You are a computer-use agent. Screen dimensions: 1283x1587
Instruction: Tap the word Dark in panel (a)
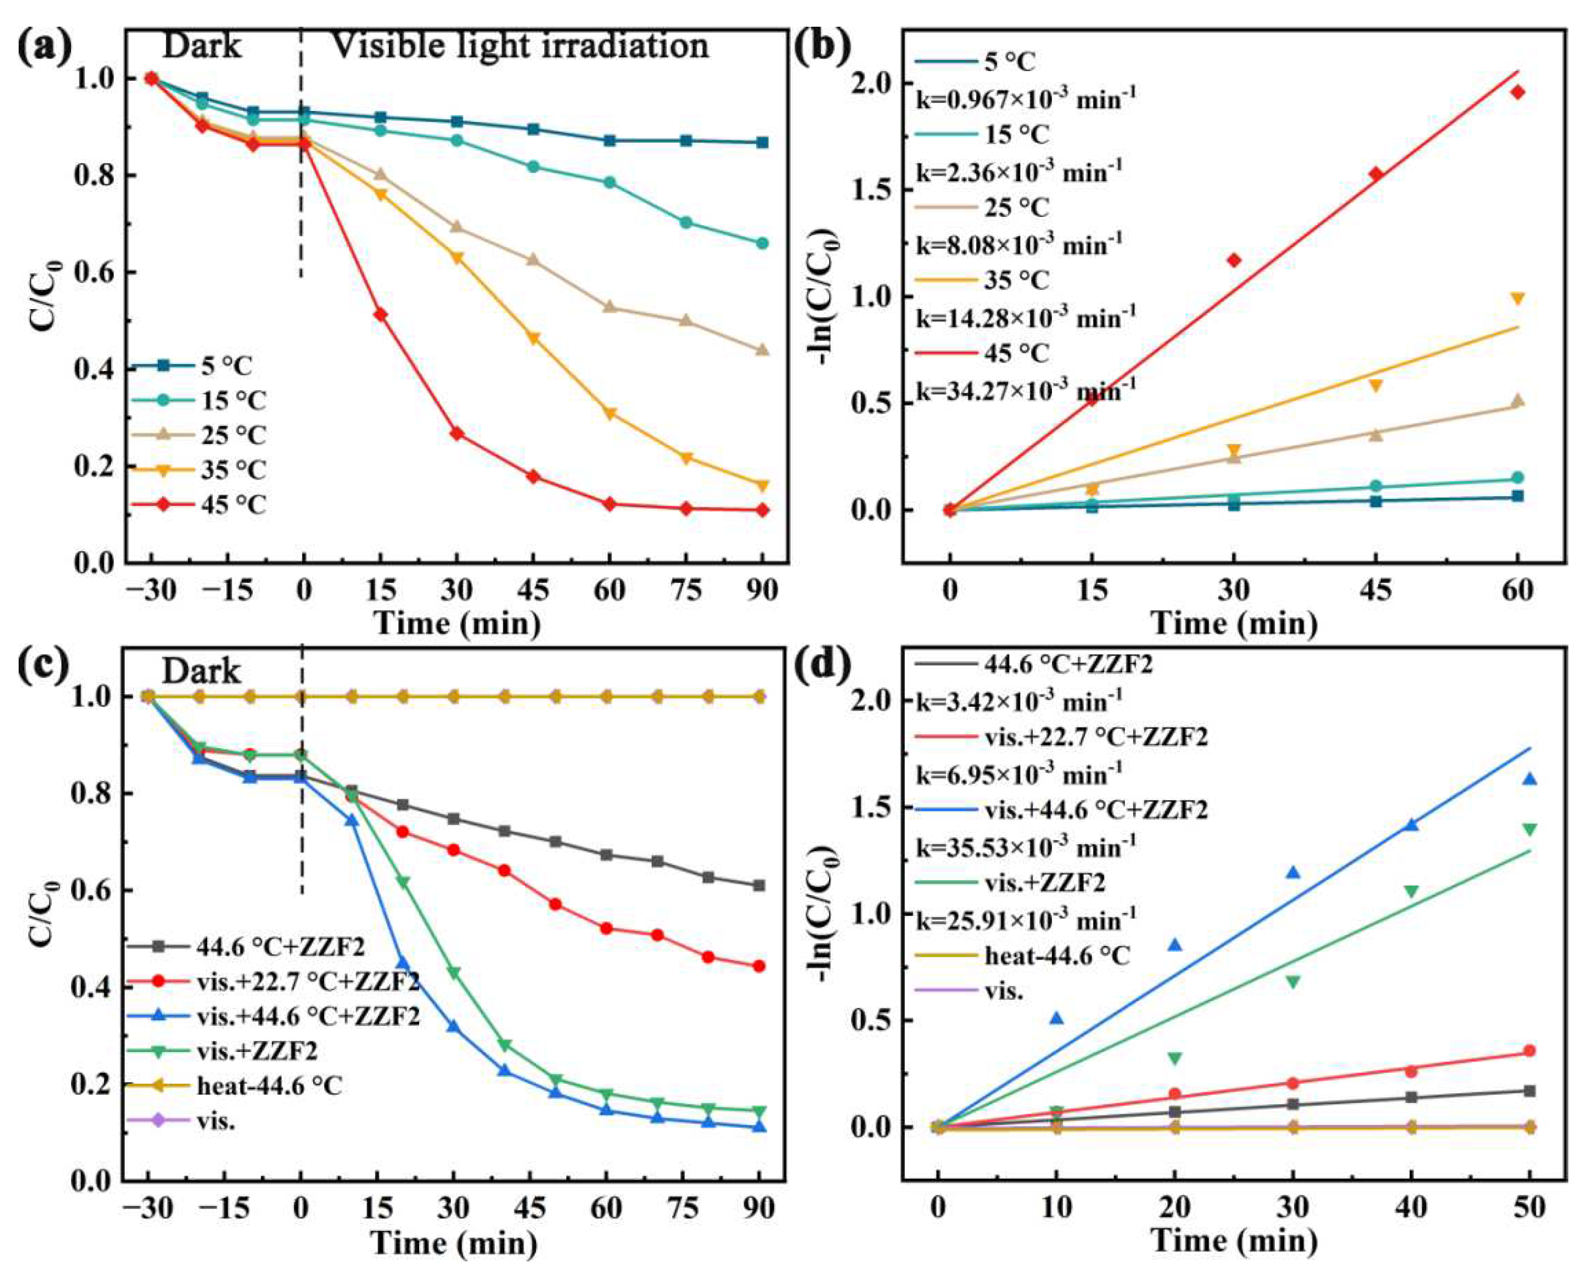click(x=201, y=46)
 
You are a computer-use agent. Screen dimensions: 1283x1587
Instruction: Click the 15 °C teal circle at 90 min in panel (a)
click(x=762, y=243)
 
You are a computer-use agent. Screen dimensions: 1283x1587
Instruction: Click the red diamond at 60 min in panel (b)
click(x=1517, y=113)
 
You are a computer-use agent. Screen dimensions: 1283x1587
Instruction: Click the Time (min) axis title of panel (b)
click(x=1234, y=623)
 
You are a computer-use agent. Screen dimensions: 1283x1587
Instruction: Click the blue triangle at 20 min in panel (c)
click(x=402, y=963)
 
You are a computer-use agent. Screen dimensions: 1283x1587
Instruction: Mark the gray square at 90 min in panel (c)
click(x=759, y=886)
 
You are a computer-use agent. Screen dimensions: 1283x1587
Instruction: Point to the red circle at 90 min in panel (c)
click(x=759, y=966)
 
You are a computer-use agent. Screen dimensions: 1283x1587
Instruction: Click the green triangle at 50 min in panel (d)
click(x=1530, y=829)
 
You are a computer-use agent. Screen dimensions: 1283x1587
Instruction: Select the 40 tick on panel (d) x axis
click(x=1411, y=1208)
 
